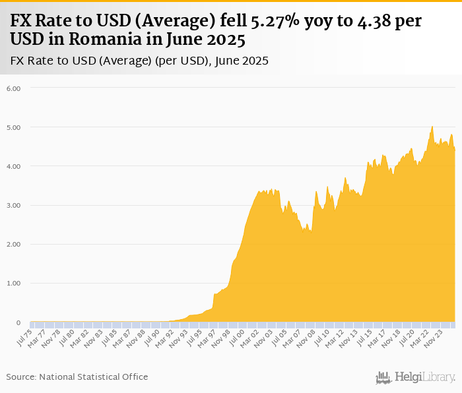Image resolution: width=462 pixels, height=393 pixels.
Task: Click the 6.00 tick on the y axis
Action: [x=13, y=88]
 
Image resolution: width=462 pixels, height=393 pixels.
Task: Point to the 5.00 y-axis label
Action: [x=13, y=127]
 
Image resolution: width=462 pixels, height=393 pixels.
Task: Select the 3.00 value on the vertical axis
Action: [x=13, y=205]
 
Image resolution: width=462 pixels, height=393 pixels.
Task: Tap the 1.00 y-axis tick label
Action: [x=13, y=284]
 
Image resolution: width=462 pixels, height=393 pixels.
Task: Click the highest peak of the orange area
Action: [x=432, y=127]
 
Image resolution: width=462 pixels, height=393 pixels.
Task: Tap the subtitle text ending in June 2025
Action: [x=139, y=61]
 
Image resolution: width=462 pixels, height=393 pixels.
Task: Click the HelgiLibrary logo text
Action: [x=425, y=377]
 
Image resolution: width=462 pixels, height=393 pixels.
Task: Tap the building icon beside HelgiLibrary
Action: [x=383, y=377]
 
